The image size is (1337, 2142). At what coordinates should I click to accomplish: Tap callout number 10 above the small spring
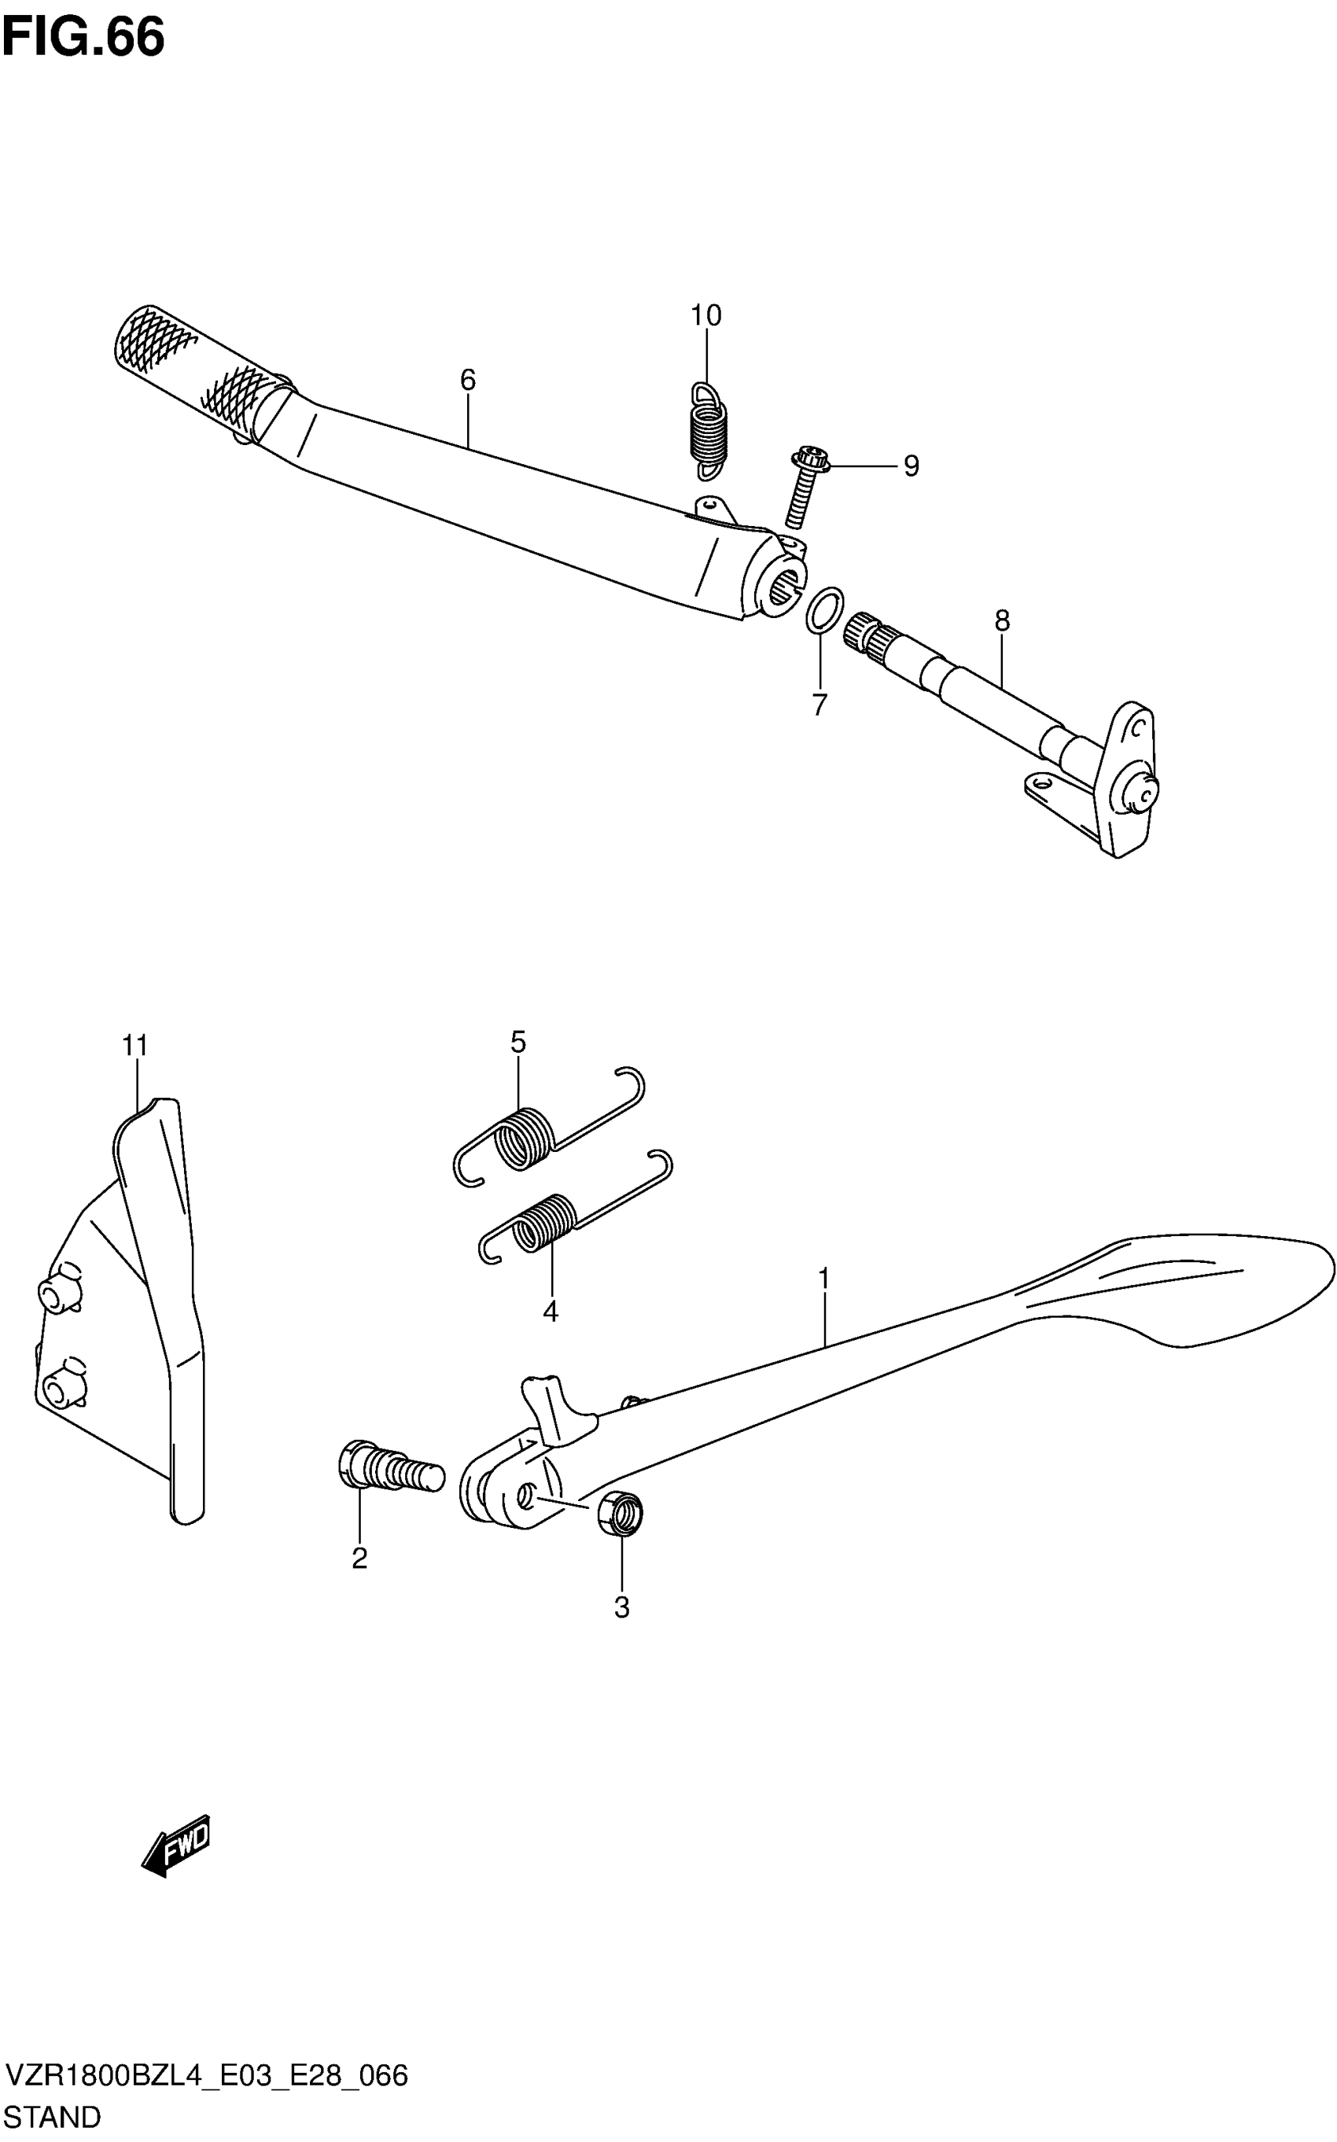click(705, 315)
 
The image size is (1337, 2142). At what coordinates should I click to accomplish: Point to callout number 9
click(911, 466)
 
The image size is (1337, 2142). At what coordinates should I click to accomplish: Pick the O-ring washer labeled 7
click(823, 610)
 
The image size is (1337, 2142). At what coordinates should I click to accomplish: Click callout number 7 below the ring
click(819, 705)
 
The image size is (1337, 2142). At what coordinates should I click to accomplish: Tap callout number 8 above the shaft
click(1001, 620)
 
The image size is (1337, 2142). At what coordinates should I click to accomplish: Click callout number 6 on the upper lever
click(468, 380)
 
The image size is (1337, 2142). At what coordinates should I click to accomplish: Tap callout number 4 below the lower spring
click(550, 1312)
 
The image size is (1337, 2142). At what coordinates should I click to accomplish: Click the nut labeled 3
click(621, 1514)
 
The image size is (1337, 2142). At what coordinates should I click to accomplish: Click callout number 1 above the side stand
click(823, 1279)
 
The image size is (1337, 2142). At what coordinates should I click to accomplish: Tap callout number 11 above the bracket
click(134, 1046)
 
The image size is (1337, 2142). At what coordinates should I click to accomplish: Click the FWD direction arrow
click(177, 1845)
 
